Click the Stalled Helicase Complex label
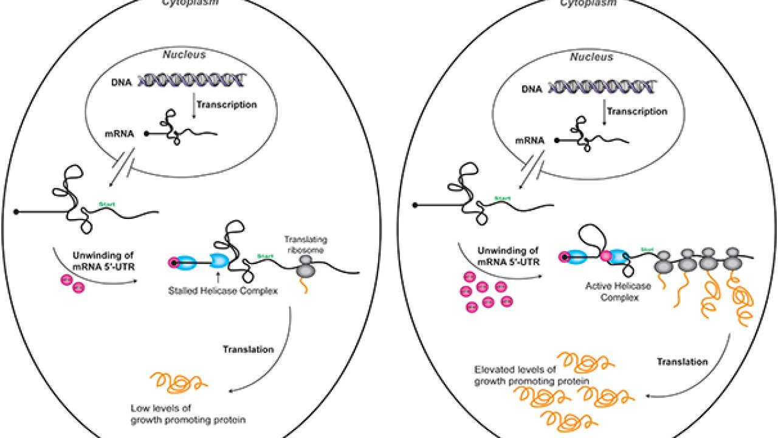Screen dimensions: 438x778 [223, 292]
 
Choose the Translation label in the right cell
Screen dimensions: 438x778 [683, 361]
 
